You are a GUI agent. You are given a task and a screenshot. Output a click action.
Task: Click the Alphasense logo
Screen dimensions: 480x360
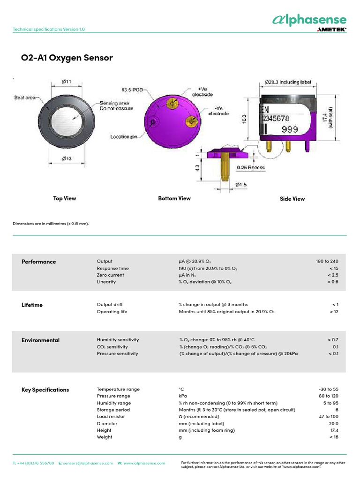pyautogui.click(x=309, y=19)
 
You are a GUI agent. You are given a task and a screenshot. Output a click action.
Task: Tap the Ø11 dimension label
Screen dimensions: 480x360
pyautogui.click(x=67, y=82)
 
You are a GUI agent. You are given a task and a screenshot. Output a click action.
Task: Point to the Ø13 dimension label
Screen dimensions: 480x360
pyautogui.click(x=67, y=159)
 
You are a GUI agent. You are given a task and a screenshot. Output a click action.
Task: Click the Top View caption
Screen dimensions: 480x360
pyautogui.click(x=65, y=198)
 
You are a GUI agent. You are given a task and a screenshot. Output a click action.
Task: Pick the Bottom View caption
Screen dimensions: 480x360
pyautogui.click(x=174, y=198)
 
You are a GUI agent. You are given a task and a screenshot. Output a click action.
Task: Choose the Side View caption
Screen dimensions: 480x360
pyautogui.click(x=292, y=199)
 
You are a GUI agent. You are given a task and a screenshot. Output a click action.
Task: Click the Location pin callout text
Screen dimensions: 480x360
pyautogui.click(x=124, y=137)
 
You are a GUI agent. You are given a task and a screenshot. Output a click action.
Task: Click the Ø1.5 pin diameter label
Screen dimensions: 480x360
pyautogui.click(x=241, y=184)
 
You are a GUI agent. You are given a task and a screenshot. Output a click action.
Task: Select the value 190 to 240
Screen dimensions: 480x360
pyautogui.click(x=327, y=261)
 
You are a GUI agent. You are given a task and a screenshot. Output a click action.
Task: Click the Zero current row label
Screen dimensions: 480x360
pyautogui.click(x=111, y=275)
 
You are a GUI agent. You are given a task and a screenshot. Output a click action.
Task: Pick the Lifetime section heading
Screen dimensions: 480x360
pyautogui.click(x=32, y=305)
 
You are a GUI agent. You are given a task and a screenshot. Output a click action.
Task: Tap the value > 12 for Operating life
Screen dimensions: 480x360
pyautogui.click(x=334, y=311)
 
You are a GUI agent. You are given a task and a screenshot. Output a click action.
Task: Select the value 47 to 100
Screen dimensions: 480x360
pyautogui.click(x=328, y=416)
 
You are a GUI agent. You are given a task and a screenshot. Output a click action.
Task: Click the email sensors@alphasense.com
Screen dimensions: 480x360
pyautogui.click(x=88, y=463)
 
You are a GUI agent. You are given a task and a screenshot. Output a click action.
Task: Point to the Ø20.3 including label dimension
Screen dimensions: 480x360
pyautogui.click(x=286, y=82)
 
